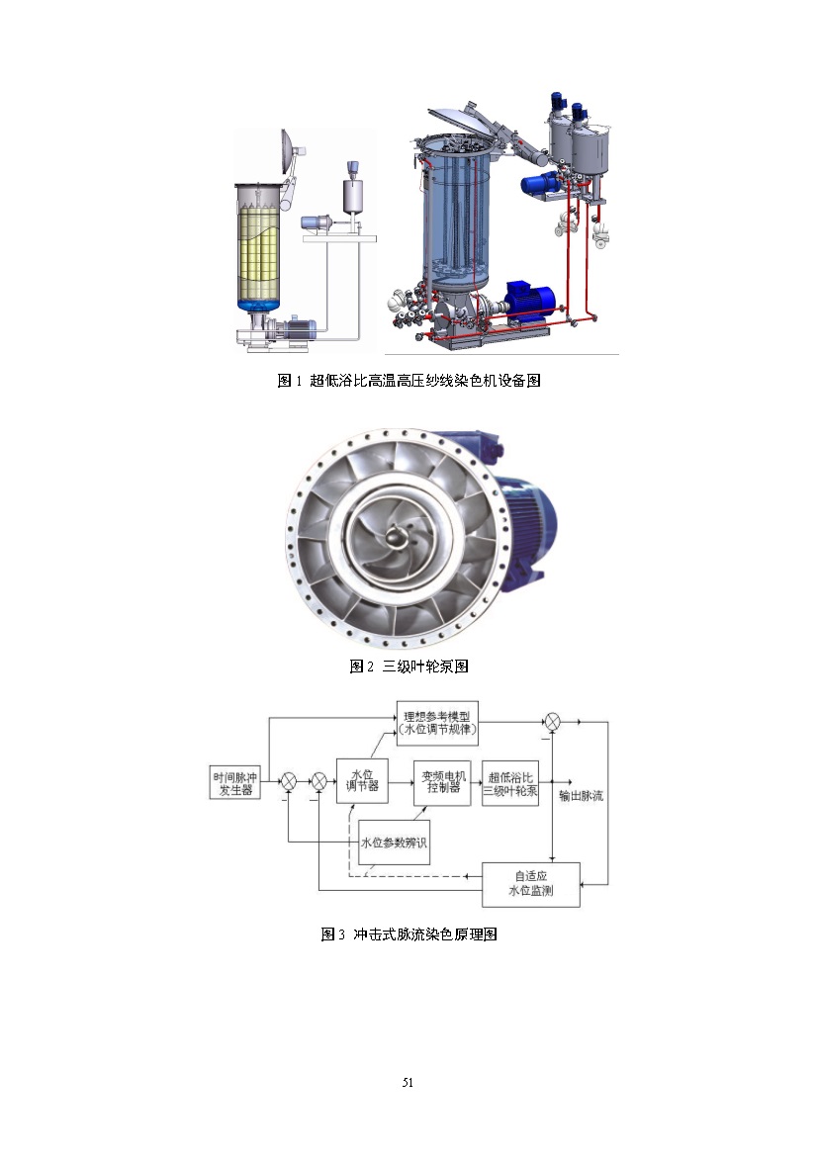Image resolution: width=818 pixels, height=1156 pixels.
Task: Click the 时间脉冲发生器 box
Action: (235, 782)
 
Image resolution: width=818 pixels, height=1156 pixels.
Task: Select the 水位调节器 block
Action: (362, 781)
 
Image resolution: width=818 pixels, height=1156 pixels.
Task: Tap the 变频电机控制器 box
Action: (442, 782)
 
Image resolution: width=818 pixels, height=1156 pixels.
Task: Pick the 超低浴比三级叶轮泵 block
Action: (510, 784)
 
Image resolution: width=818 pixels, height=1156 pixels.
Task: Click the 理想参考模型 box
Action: (437, 723)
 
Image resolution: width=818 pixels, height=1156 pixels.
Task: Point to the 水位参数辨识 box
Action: (393, 843)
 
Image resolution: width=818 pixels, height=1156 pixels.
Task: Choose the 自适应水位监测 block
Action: (531, 884)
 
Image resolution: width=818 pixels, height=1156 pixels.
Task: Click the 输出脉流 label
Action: (581, 795)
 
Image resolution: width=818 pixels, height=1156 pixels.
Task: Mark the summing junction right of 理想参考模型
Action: (553, 720)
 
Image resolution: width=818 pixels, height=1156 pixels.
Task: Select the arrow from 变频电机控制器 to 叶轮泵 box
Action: (477, 782)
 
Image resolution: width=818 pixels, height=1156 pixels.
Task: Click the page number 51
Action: (408, 1082)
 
